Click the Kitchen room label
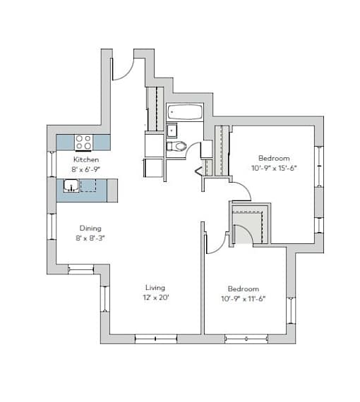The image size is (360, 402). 86,159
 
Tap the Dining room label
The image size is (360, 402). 90,229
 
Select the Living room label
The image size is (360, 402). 155,288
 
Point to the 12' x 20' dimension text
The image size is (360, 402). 156,298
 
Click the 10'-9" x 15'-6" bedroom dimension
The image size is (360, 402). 274,168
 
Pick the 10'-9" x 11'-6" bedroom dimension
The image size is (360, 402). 244,299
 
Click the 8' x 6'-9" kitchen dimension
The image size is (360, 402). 85,169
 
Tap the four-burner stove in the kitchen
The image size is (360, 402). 84,142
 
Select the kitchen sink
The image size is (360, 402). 71,186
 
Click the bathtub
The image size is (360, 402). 185,112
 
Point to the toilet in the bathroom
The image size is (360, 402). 176,146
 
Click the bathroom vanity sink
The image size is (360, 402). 172,130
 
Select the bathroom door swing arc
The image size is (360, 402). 191,147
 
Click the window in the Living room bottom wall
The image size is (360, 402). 156,339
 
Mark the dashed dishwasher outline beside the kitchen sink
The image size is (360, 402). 88,185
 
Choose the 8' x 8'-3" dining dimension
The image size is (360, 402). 90,238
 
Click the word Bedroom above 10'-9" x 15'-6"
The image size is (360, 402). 274,158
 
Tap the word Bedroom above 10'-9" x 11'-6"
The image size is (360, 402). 244,289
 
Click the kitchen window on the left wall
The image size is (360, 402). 52,164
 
